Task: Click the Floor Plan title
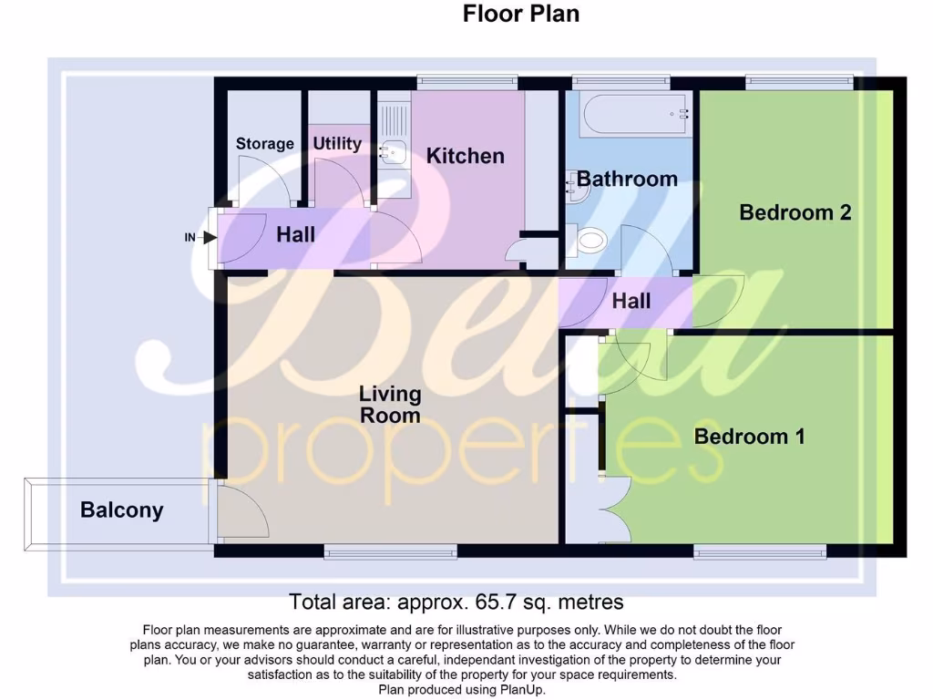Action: [520, 14]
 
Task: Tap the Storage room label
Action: [264, 143]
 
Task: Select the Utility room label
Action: [337, 143]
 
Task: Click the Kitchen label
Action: [465, 156]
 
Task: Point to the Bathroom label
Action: [627, 179]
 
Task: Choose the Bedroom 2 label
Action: [795, 212]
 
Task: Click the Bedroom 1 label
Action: [749, 437]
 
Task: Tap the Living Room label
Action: [390, 405]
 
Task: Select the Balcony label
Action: [121, 510]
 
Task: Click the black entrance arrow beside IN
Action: [209, 238]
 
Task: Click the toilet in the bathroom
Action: [590, 240]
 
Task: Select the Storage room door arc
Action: [264, 178]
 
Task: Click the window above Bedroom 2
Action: [800, 82]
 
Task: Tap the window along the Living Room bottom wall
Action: [390, 551]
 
